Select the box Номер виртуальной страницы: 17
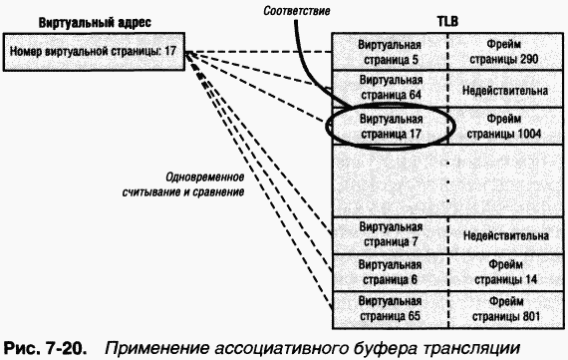97,50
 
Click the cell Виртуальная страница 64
389,88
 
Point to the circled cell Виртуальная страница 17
389,126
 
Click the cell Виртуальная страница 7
389,234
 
